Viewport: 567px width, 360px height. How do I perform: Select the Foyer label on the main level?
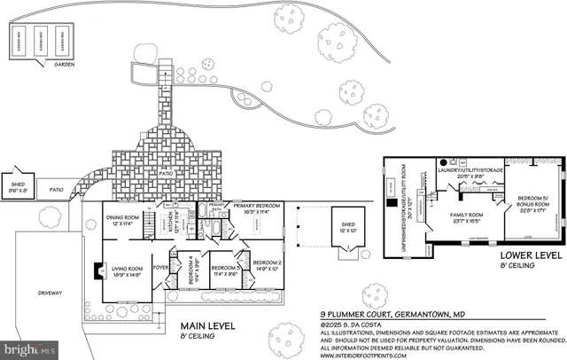coord(160,265)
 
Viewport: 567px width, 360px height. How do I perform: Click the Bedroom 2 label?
coord(267,265)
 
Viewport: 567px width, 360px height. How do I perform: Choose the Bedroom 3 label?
coord(226,270)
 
